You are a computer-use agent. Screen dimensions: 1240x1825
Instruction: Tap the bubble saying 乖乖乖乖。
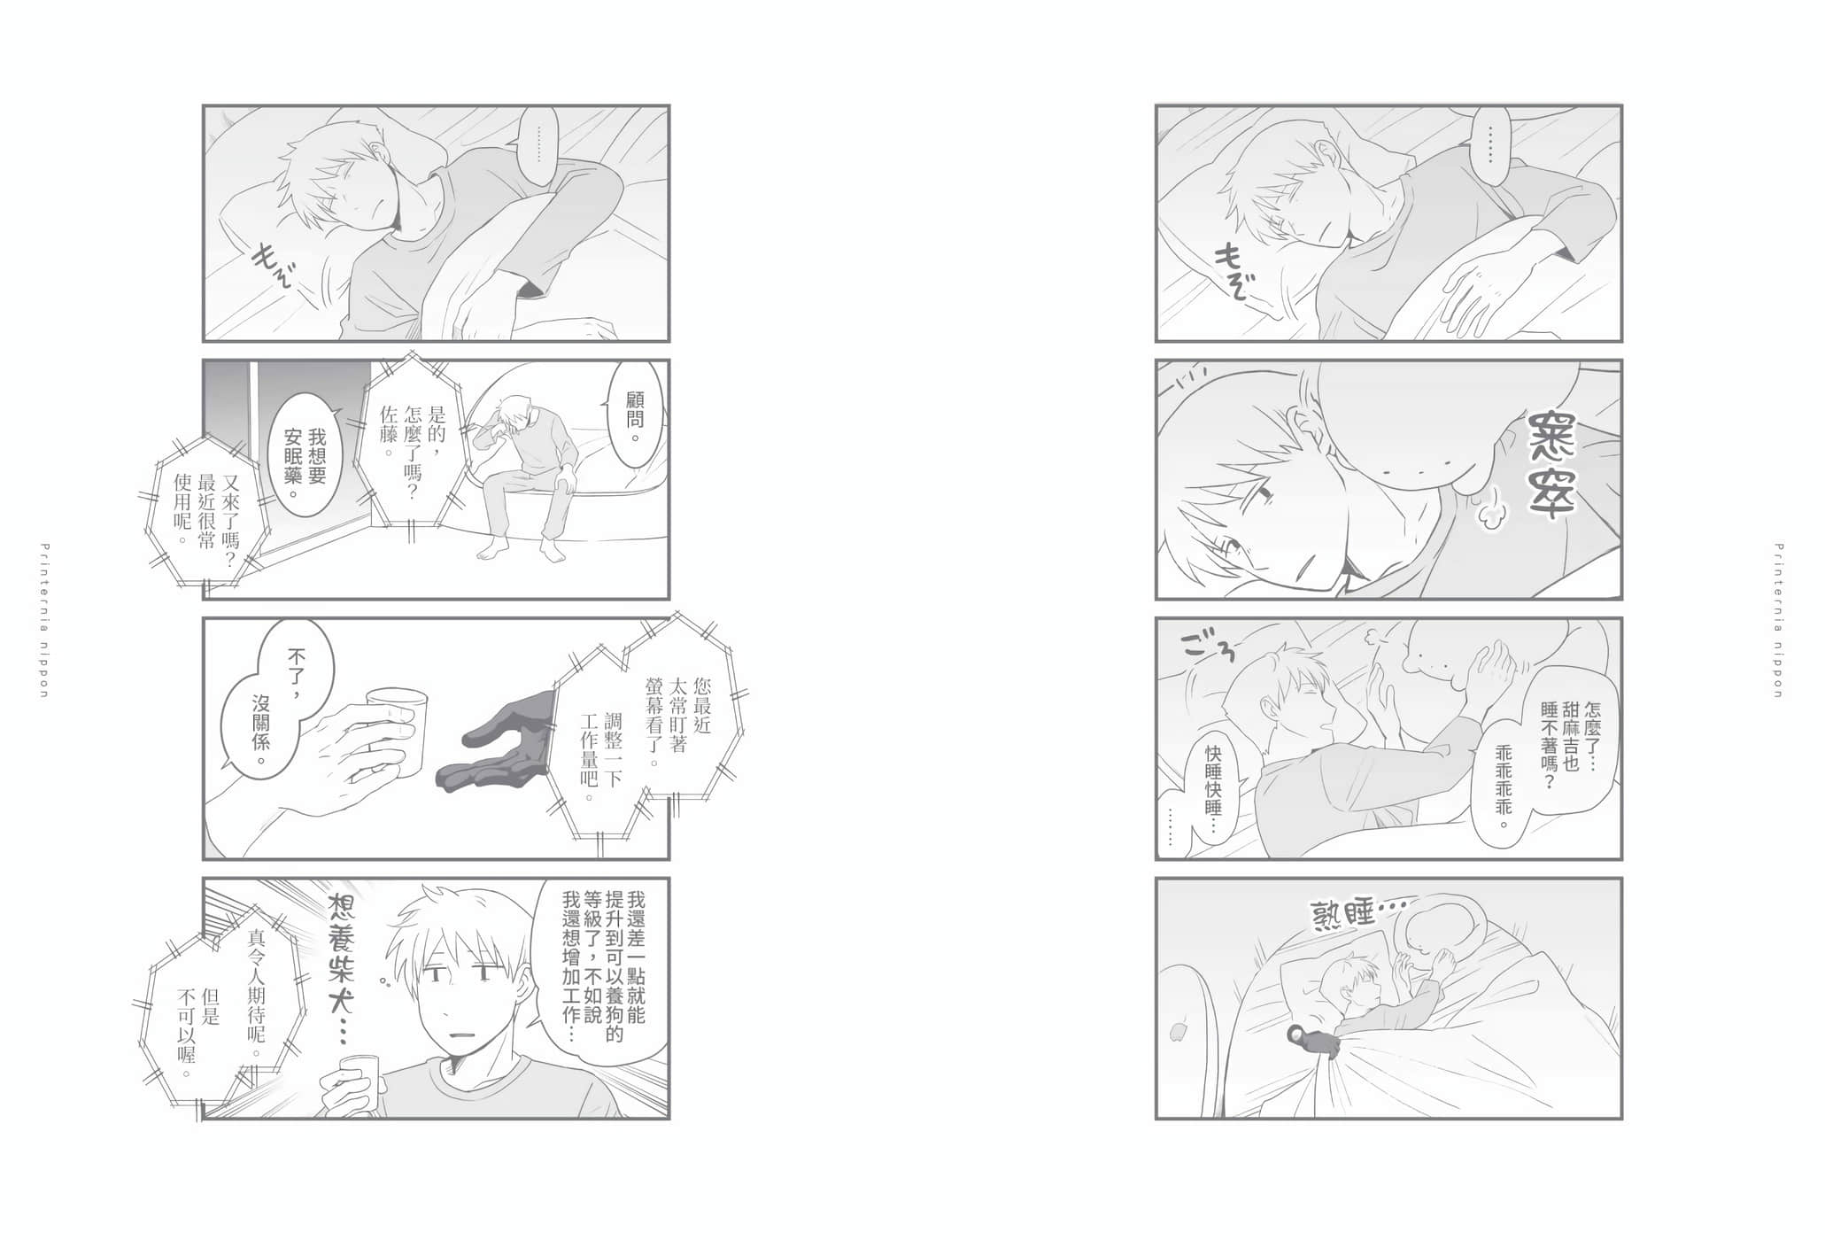coord(1503,788)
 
